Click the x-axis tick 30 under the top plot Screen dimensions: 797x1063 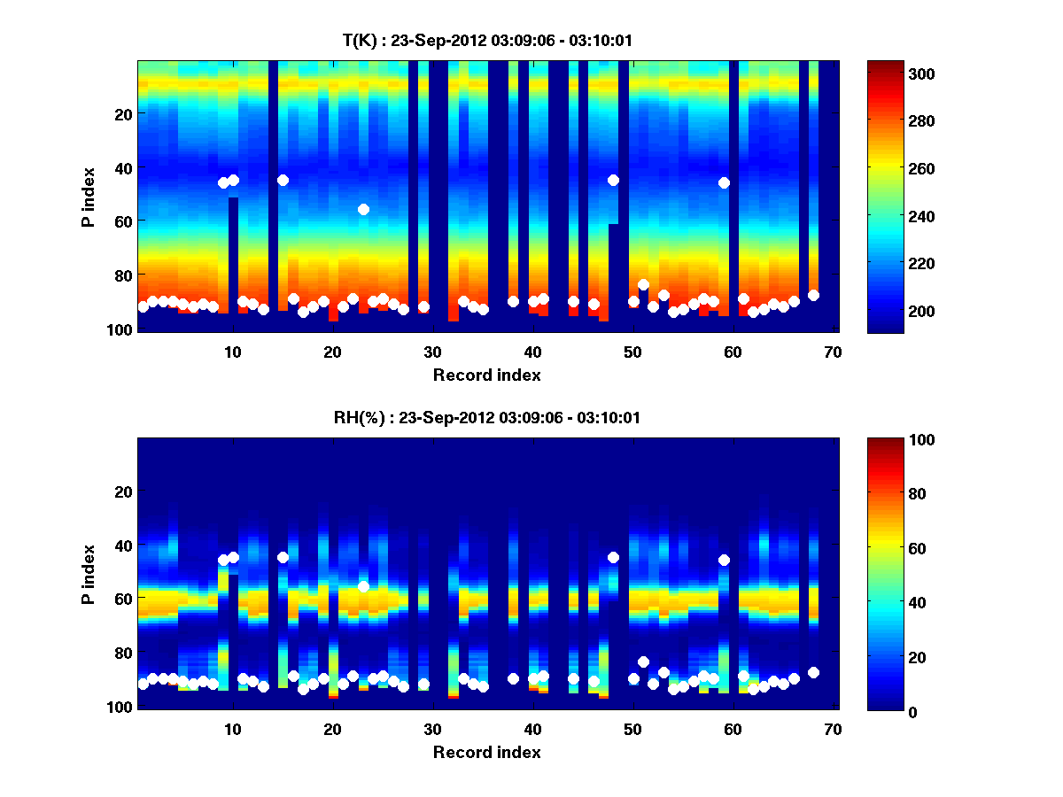click(432, 352)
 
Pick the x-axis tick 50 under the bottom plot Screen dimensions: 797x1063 click(632, 729)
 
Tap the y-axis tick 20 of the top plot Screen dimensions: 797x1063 click(122, 113)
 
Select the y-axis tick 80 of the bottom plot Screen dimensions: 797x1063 click(122, 653)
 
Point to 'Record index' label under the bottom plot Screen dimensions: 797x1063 click(486, 752)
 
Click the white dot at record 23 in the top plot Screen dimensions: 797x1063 click(363, 209)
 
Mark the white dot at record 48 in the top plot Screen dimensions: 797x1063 click(613, 180)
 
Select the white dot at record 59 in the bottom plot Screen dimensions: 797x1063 click(724, 560)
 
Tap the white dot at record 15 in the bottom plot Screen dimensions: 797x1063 click(283, 557)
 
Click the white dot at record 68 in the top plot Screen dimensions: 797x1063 click(813, 295)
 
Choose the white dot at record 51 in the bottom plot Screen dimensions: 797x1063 click(643, 662)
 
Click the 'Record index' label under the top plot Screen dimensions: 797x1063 click(486, 375)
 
